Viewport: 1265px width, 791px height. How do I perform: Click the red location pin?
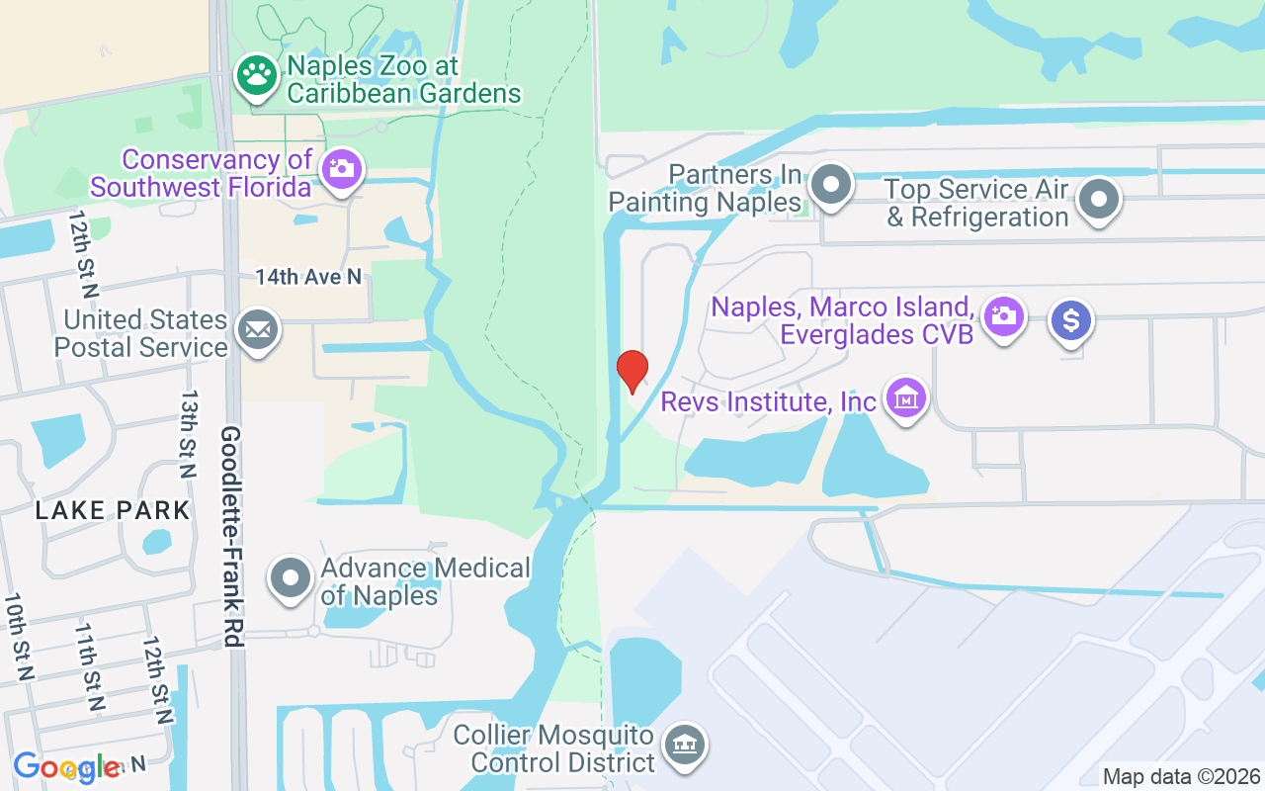pyautogui.click(x=632, y=371)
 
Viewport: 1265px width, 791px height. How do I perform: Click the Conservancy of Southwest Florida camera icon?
pyautogui.click(x=342, y=169)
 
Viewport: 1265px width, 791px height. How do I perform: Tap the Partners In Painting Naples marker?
pyautogui.click(x=831, y=184)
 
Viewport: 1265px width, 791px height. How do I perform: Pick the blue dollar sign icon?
pyautogui.click(x=1071, y=321)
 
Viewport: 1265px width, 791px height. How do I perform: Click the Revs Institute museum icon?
pyautogui.click(x=905, y=398)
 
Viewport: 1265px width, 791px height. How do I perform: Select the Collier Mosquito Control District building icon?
pyautogui.click(x=683, y=744)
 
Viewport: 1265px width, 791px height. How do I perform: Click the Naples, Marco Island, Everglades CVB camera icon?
pyautogui.click(x=1004, y=316)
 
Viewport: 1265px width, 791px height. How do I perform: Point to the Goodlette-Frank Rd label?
pyautogui.click(x=231, y=537)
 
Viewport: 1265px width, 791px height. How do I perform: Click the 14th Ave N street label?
pyautogui.click(x=308, y=277)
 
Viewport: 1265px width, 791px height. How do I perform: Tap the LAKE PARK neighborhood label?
pyautogui.click(x=113, y=510)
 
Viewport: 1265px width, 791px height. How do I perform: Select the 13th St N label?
pyautogui.click(x=188, y=421)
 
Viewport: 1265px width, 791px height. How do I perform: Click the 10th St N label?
pyautogui.click(x=20, y=637)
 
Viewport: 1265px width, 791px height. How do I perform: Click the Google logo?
pyautogui.click(x=67, y=767)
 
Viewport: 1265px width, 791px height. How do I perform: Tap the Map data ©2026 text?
pyautogui.click(x=1181, y=776)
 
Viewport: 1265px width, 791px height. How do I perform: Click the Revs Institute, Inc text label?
pyautogui.click(x=768, y=401)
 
